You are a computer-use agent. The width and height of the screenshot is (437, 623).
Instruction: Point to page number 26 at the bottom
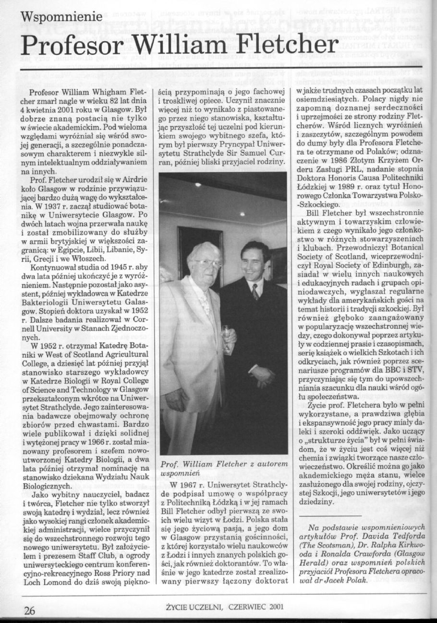(x=30, y=610)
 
